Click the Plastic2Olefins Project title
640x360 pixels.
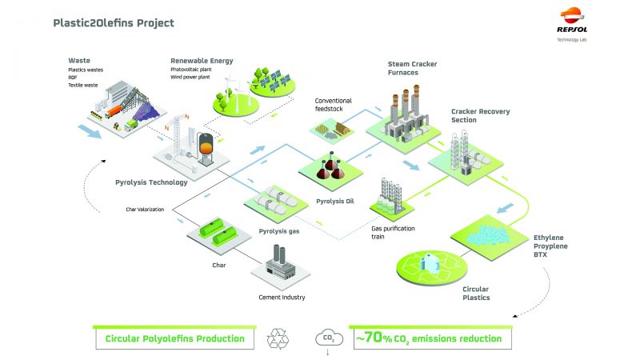coord(113,22)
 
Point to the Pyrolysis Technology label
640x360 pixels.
coord(151,182)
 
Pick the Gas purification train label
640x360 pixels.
coord(392,232)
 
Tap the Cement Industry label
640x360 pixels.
coord(282,298)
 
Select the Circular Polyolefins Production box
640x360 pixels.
coord(174,338)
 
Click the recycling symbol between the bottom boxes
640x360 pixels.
coord(279,338)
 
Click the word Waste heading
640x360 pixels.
coord(78,60)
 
